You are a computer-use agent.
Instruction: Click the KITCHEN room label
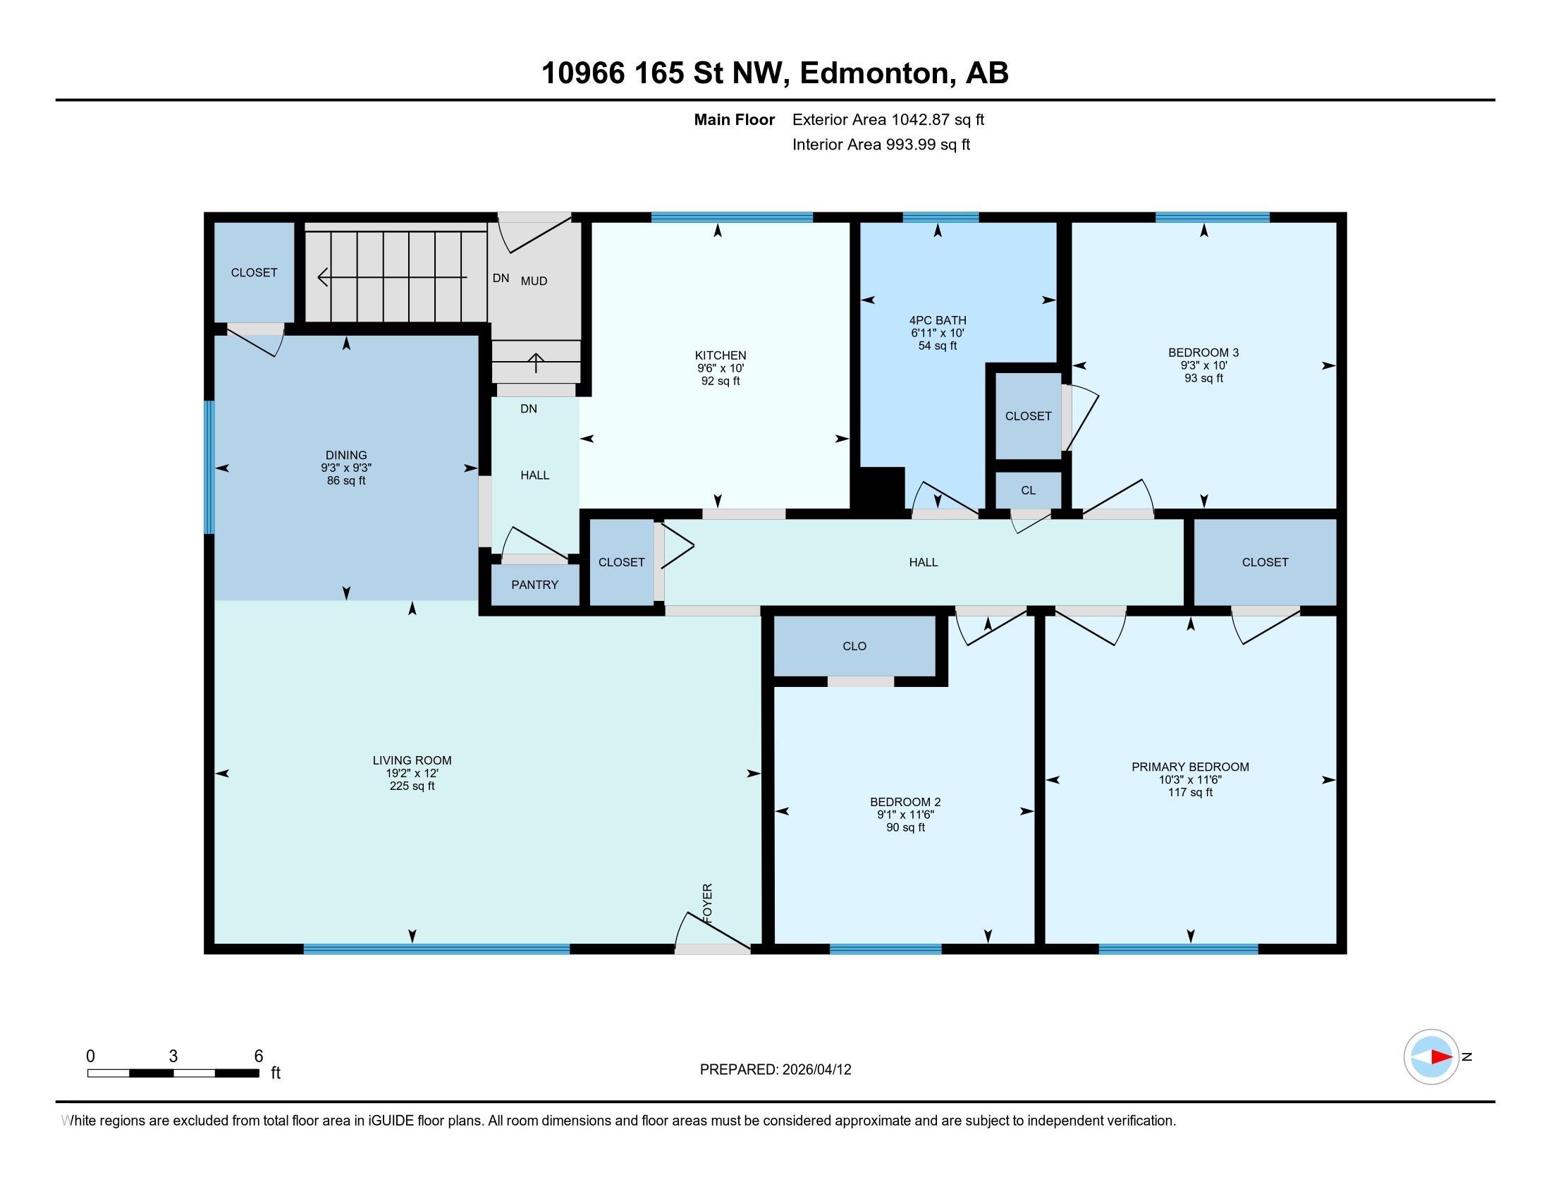[720, 355]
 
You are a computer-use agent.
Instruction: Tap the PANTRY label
[535, 585]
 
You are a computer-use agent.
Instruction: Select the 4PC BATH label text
[938, 320]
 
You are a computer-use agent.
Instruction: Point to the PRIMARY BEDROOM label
[1190, 767]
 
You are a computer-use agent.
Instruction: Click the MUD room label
[534, 281]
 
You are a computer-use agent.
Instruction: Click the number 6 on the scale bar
[259, 1057]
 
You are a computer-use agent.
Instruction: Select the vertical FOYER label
[707, 903]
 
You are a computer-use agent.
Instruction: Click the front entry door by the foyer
[712, 932]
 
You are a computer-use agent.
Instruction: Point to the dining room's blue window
[209, 468]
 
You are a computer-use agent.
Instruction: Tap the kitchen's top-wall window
[732, 217]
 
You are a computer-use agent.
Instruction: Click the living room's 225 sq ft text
[412, 786]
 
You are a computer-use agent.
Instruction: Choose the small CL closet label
[1029, 491]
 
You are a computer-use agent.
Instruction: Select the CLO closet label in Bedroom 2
[854, 646]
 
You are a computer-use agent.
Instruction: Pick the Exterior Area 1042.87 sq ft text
[888, 120]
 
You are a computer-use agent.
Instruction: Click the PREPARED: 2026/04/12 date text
[775, 1070]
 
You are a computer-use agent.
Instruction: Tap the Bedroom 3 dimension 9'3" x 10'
[1203, 366]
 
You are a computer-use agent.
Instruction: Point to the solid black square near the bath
[881, 489]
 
